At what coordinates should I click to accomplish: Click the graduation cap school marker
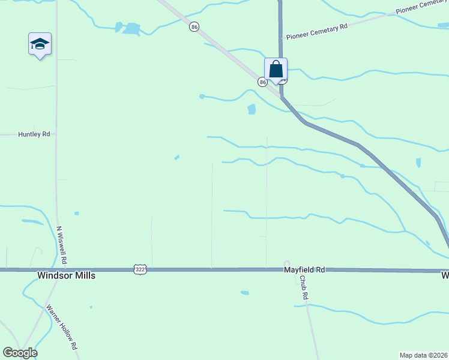[x=40, y=44]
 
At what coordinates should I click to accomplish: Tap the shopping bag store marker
[x=276, y=69]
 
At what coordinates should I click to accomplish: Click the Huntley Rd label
[x=34, y=134]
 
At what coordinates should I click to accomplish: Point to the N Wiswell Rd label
[x=62, y=246]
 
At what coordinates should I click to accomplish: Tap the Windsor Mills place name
[x=66, y=275]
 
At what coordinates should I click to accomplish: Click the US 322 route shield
[x=139, y=271]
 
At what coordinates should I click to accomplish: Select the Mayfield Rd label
[x=304, y=271]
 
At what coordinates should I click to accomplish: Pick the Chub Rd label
[x=303, y=289]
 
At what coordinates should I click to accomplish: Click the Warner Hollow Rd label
[x=62, y=328]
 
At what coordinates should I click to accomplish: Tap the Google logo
[x=20, y=353]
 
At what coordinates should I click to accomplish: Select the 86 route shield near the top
[x=193, y=27]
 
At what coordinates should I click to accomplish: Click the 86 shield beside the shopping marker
[x=263, y=82]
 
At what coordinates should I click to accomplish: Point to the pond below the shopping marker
[x=252, y=109]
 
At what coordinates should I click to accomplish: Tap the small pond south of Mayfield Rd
[x=244, y=293]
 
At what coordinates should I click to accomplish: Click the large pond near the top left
[x=131, y=28]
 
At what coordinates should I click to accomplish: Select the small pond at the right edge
[x=418, y=163]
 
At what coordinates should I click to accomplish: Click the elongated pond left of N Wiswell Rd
[x=32, y=222]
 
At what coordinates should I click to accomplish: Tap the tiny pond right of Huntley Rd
[x=176, y=158]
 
